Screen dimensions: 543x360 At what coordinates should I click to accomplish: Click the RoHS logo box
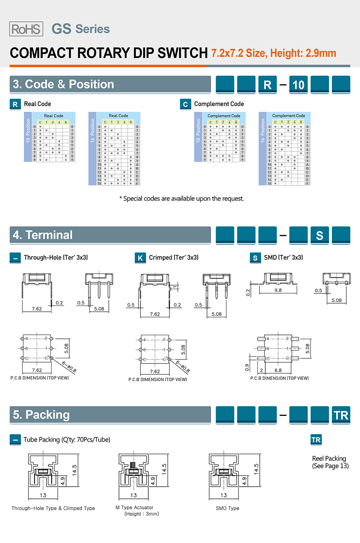coord(26,29)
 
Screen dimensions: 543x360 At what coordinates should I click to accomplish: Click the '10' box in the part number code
coord(298,85)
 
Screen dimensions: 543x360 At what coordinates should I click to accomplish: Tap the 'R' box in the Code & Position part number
coord(268,85)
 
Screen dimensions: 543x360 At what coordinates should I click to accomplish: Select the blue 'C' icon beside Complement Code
coord(185,104)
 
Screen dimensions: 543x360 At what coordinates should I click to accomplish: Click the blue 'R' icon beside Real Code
coord(15,104)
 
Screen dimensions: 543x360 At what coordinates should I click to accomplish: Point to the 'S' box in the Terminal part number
coord(320,236)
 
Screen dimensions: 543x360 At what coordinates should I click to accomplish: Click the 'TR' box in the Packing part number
coord(341,415)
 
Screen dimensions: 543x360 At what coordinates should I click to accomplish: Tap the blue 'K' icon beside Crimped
coord(140,258)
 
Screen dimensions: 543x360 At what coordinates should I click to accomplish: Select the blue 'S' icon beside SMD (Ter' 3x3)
coord(255,258)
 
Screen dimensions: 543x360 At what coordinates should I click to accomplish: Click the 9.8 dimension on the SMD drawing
coord(278,290)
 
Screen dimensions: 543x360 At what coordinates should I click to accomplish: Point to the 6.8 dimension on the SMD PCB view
coord(278,370)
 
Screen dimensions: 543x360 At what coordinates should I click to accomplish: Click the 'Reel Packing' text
coord(329,458)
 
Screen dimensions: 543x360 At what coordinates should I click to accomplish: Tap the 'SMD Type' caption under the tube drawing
coord(227,508)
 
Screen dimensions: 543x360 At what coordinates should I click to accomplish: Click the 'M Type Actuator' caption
coord(134,507)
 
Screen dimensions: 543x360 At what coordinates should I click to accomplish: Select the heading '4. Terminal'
coord(43,235)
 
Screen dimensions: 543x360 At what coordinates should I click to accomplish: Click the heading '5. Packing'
coord(41,415)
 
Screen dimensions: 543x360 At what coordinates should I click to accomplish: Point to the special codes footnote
coord(182,199)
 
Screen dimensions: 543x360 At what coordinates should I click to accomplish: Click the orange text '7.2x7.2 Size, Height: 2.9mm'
coord(274,53)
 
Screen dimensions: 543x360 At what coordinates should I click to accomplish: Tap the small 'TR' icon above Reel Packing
coord(316,440)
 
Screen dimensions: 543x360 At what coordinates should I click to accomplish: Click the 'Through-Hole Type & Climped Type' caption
coord(53,508)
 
